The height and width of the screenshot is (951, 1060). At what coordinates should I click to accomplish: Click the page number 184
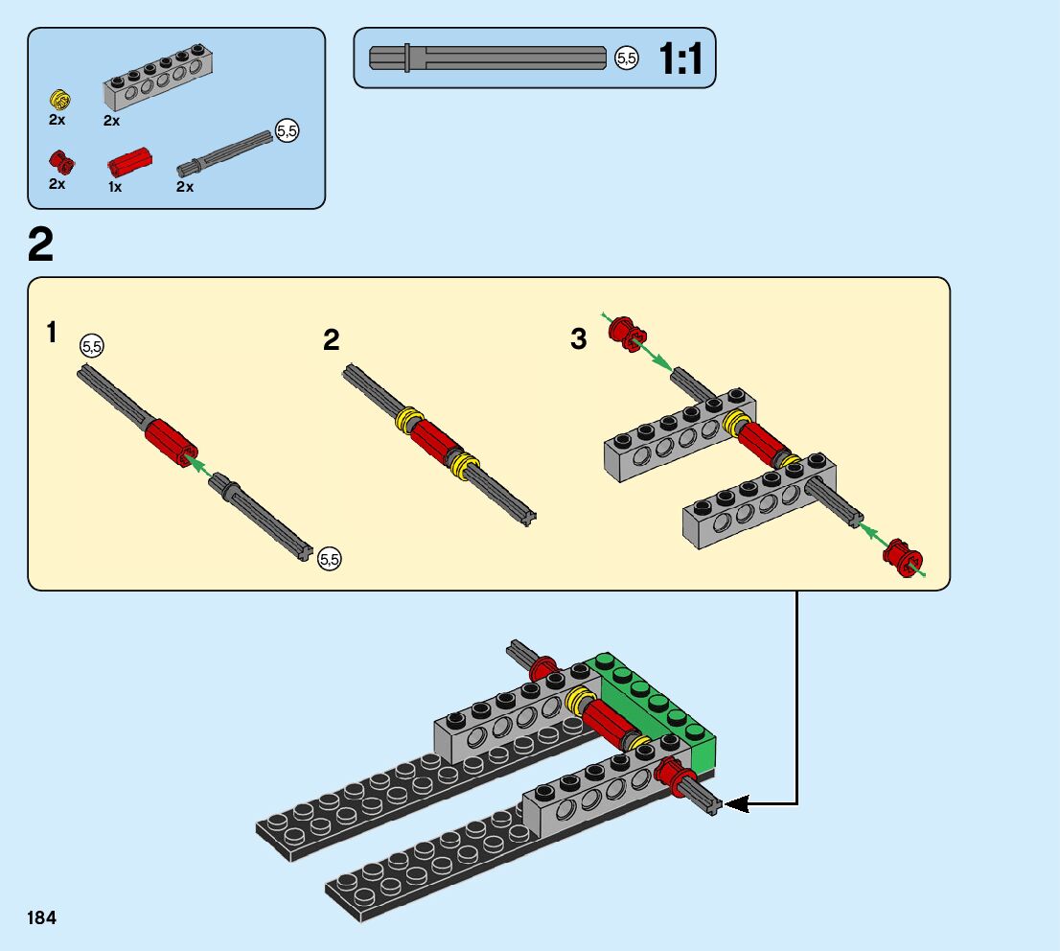(41, 917)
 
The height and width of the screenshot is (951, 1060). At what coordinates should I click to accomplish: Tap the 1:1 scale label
(680, 58)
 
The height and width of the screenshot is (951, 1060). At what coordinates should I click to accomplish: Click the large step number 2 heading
(40, 244)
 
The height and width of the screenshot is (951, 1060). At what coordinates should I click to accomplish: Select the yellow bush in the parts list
(60, 100)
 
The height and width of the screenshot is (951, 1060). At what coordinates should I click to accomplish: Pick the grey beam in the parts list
(158, 77)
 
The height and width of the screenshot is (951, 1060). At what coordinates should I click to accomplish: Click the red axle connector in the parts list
(129, 162)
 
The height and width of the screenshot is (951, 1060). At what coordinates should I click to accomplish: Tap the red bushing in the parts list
(61, 162)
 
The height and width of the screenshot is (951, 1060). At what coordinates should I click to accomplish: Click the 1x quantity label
(115, 187)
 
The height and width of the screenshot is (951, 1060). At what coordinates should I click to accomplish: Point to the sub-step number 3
(578, 338)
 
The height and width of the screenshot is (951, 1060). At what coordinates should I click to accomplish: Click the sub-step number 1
(52, 333)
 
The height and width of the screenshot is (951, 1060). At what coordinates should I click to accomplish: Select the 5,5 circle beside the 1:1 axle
(627, 58)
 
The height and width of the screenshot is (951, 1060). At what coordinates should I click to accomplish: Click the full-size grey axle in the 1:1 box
(488, 58)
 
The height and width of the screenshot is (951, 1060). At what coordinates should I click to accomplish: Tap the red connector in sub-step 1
(171, 442)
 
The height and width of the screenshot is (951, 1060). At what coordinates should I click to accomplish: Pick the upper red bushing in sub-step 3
(628, 335)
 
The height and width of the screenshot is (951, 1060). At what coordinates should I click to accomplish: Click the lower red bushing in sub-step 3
(903, 557)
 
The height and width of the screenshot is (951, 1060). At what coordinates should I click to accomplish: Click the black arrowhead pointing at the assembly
(736, 804)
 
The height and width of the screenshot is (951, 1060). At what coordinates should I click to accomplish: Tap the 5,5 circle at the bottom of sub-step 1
(330, 559)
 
